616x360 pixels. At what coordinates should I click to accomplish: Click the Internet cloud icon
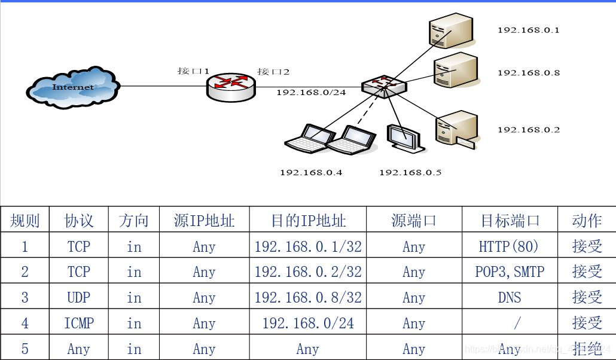(72, 87)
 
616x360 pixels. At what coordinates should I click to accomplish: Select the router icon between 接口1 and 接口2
(231, 87)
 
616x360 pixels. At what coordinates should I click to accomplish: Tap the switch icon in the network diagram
(384, 87)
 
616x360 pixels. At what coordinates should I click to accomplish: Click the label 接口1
(193, 71)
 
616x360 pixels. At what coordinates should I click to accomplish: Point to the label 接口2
(273, 72)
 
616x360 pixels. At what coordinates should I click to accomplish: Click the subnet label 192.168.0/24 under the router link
(311, 93)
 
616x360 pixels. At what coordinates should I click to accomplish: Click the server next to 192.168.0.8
(456, 71)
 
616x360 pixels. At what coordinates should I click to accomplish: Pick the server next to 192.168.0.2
(456, 129)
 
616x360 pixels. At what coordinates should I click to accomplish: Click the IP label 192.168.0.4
(311, 173)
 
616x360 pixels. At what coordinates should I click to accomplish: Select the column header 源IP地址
(204, 221)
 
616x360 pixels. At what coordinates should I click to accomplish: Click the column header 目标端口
(510, 221)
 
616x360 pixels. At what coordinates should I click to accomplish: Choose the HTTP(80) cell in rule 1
(510, 246)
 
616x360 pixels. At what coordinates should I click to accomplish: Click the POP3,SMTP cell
(510, 272)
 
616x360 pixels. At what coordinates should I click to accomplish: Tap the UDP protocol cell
(79, 298)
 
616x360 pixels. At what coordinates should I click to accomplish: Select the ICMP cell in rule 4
(79, 324)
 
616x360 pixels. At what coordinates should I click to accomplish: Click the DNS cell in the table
(510, 298)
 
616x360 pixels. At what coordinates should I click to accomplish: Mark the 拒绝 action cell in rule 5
(587, 349)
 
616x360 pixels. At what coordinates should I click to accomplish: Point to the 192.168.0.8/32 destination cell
(308, 298)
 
